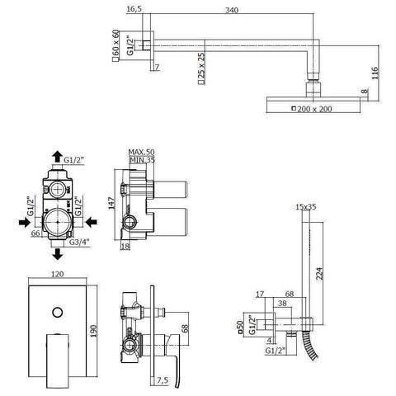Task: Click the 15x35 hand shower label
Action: click(306, 208)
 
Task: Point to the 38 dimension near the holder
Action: click(283, 302)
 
